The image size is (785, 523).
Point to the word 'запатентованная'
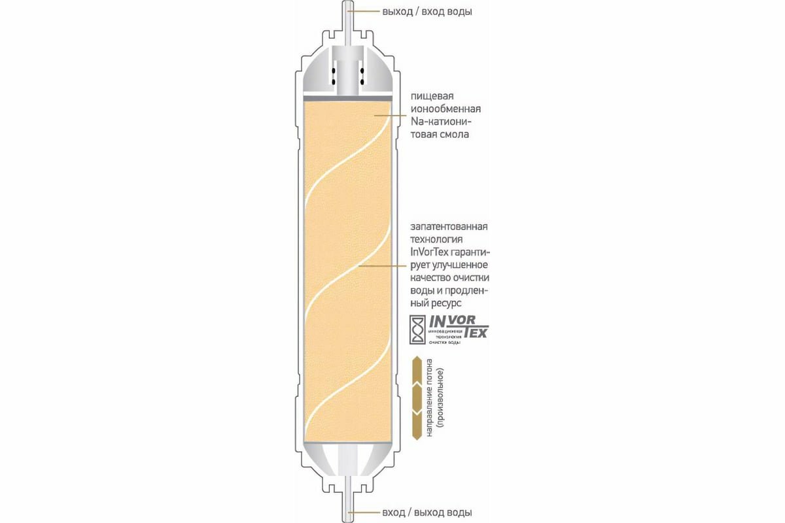point(449,226)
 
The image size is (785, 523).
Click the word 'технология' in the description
point(436,239)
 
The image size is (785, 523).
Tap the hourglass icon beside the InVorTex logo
point(417,330)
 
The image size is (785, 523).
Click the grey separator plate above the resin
point(349,97)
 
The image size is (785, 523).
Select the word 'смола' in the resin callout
point(455,135)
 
